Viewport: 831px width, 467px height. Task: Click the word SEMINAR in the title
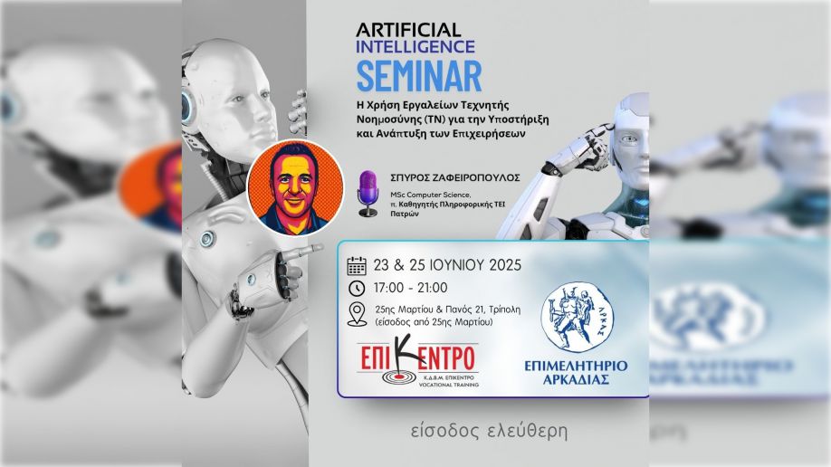pyautogui.click(x=419, y=76)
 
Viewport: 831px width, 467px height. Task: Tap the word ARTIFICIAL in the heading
pyautogui.click(x=408, y=30)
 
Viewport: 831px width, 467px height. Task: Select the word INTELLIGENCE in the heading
pyautogui.click(x=415, y=47)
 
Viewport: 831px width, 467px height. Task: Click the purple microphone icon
pyautogui.click(x=368, y=194)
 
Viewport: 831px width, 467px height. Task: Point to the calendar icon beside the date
pyautogui.click(x=357, y=265)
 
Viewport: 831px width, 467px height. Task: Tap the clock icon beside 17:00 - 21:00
pyautogui.click(x=357, y=289)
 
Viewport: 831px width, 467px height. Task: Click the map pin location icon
pyautogui.click(x=358, y=314)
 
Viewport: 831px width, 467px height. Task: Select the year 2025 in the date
pyautogui.click(x=505, y=265)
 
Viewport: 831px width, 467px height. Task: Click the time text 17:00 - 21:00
pyautogui.click(x=410, y=288)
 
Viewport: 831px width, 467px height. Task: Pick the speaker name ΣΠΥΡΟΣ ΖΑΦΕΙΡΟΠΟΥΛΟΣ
pyautogui.click(x=454, y=177)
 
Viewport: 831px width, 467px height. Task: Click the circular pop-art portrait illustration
pyautogui.click(x=295, y=187)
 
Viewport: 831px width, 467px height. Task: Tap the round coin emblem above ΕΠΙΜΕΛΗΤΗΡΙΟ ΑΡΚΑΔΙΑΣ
pyautogui.click(x=578, y=317)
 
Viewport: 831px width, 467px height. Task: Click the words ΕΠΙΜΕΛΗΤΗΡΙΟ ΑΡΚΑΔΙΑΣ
pyautogui.click(x=576, y=373)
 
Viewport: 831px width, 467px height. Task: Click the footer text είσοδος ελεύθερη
pyautogui.click(x=489, y=431)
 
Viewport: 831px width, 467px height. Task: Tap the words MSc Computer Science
pyautogui.click(x=430, y=195)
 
